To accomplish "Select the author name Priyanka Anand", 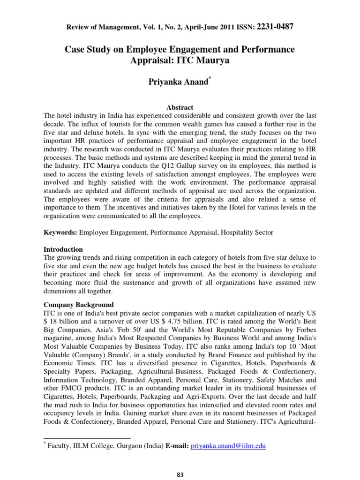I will click(x=178, y=82).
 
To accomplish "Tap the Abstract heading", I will click(x=180, y=107).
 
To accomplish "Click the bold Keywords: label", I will click(x=60, y=232).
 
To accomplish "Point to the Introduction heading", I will click(x=63, y=249).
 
